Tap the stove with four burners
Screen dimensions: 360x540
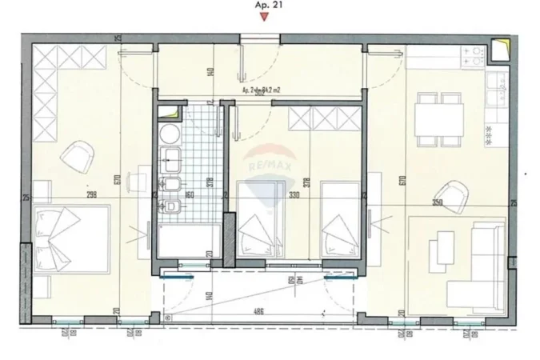474,55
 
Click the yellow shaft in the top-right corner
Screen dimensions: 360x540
501,48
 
